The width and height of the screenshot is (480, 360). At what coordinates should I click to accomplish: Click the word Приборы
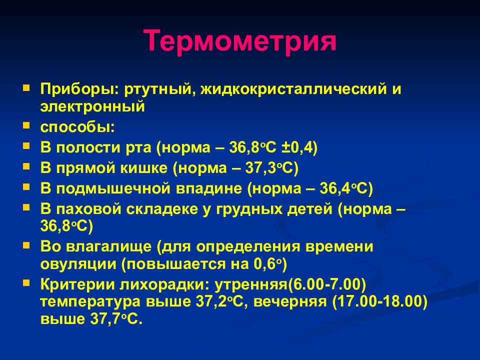tap(79, 89)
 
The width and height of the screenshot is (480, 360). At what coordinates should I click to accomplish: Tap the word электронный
tap(92, 107)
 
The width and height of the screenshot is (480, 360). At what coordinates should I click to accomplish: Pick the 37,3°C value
tap(271, 168)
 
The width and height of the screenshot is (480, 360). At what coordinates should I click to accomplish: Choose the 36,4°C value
tap(346, 188)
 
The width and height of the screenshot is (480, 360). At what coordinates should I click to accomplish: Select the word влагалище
tap(109, 246)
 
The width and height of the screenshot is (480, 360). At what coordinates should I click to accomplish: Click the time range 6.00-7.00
tap(327, 284)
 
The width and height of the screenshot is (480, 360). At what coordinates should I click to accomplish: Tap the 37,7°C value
tap(116, 319)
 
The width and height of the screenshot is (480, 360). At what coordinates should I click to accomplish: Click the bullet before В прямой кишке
tap(26, 166)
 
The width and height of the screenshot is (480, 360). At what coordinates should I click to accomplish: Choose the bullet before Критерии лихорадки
tap(26, 283)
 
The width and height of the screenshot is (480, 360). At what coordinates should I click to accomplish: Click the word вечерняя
tap(290, 302)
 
